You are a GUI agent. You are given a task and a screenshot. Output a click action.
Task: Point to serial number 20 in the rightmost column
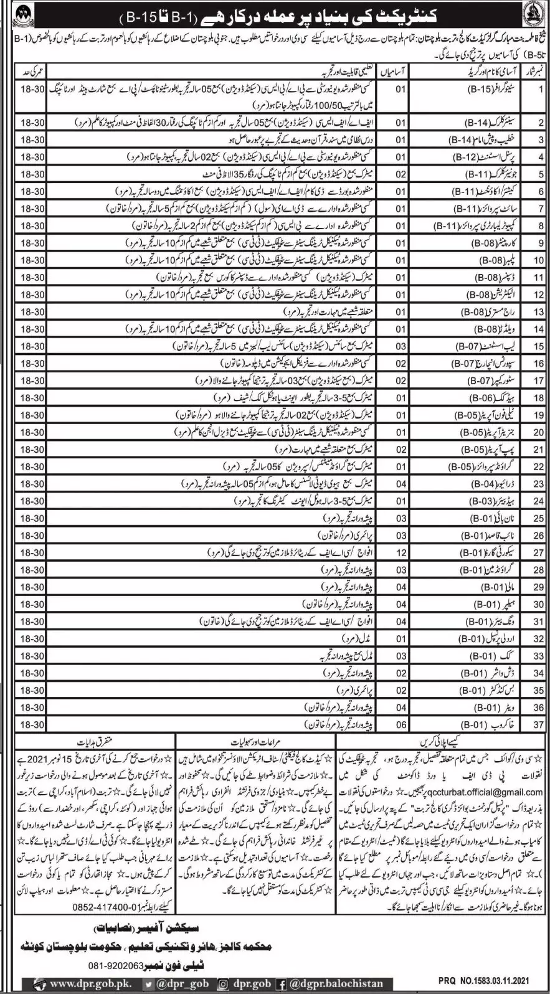click(538, 431)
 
